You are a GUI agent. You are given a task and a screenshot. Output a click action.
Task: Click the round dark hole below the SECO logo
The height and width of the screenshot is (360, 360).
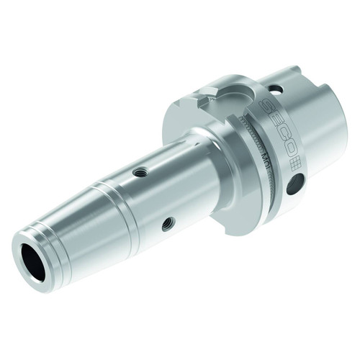point(291,190)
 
